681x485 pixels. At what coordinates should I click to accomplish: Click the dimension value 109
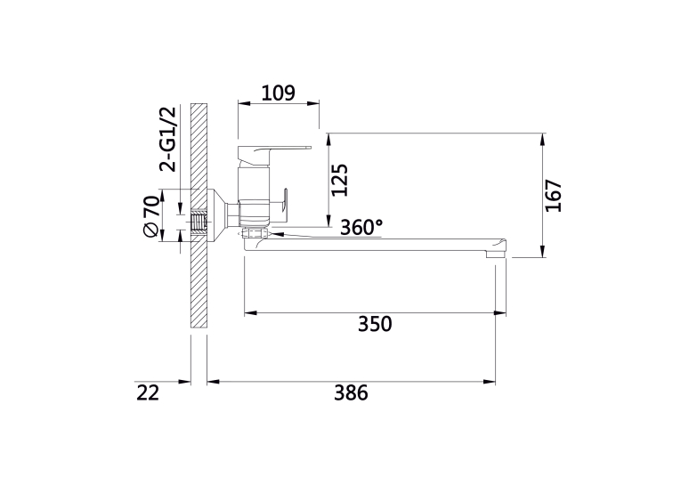tap(279, 93)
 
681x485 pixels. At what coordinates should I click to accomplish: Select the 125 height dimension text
tap(340, 180)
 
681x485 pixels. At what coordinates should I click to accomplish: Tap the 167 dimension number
tap(554, 196)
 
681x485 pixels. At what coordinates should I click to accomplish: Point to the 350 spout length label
tap(375, 324)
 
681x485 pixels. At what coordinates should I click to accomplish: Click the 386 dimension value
tap(351, 392)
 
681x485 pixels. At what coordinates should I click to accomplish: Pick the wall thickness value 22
tap(148, 392)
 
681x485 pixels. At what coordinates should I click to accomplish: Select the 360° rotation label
tap(361, 227)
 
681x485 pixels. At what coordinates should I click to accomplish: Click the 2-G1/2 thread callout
tap(168, 139)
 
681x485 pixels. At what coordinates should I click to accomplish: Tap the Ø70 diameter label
tap(151, 216)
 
